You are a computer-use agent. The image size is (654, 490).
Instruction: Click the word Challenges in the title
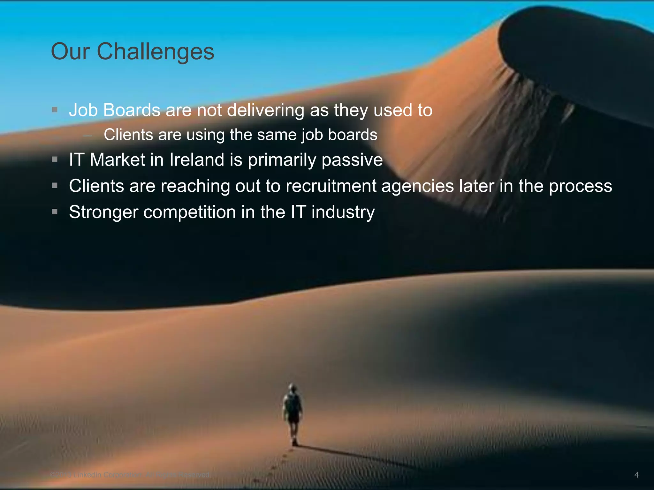click(156, 52)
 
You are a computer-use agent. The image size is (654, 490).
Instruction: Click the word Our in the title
click(70, 52)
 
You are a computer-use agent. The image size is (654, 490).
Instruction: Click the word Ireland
click(197, 160)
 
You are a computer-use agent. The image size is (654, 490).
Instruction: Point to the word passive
click(352, 160)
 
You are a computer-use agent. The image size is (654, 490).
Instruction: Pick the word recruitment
click(331, 186)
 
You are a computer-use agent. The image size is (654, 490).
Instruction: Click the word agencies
click(417, 187)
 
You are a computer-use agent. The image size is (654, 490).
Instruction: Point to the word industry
click(343, 213)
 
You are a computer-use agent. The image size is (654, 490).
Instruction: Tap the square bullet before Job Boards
click(55, 110)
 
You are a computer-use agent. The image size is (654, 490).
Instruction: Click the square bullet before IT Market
click(55, 159)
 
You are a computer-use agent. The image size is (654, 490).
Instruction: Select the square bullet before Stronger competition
click(55, 212)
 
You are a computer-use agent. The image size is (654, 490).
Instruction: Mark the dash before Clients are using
click(87, 136)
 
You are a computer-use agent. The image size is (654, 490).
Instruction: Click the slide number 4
click(636, 475)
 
